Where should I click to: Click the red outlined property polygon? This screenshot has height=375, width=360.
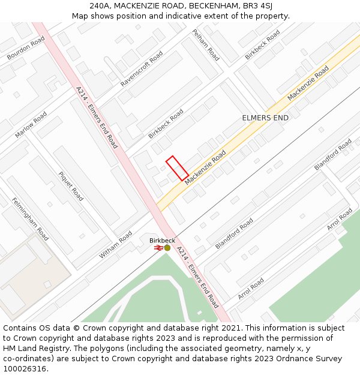click(177, 168)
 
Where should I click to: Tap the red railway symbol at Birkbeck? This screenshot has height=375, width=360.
click(158, 247)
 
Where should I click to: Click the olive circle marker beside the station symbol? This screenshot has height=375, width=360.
click(167, 247)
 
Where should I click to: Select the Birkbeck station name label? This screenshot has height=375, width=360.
click(162, 240)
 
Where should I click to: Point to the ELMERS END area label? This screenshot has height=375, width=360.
click(265, 118)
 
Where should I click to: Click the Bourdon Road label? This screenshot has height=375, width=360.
click(26, 48)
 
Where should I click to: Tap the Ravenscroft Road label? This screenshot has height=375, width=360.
click(142, 68)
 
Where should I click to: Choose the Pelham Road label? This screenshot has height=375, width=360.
click(206, 45)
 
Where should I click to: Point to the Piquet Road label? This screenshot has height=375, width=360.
click(71, 186)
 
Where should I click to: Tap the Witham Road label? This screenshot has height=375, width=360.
click(115, 245)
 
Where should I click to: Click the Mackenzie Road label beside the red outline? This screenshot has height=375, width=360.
click(205, 167)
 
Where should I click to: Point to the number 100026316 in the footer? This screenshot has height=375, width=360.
click(24, 368)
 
